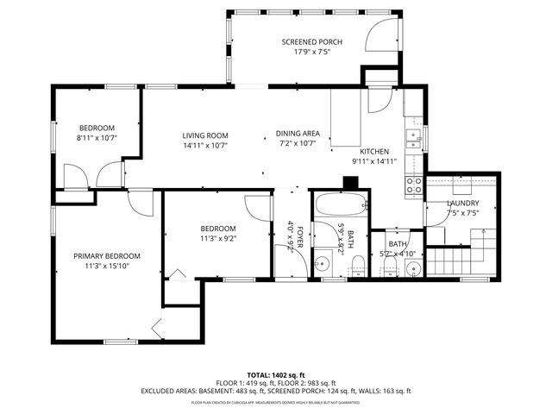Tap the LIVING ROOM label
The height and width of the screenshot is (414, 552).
coord(204,135)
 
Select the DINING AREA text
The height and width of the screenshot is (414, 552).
coord(298,133)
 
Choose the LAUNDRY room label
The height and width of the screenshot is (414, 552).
coord(463,204)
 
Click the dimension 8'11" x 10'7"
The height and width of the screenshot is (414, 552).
coord(97,137)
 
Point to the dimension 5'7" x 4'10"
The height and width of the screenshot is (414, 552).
coord(398,254)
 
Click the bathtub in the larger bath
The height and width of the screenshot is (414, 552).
coord(341,205)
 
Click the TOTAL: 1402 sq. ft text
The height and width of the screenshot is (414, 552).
coord(275,375)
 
